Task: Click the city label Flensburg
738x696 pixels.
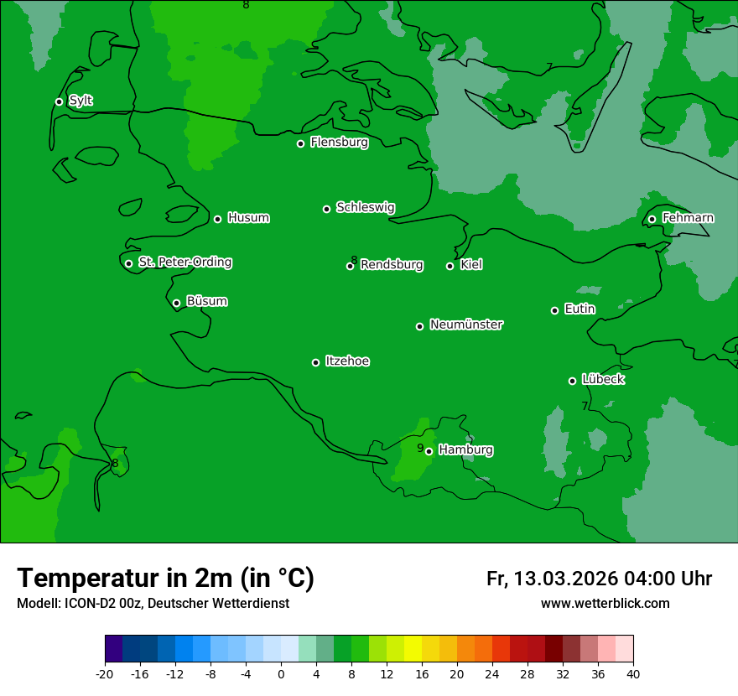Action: [339, 143]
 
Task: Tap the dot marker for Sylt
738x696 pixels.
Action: [59, 101]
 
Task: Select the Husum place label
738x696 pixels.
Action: [248, 218]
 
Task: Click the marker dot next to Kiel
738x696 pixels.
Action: [450, 266]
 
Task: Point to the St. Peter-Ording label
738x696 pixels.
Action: [184, 262]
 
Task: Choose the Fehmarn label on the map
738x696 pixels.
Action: [688, 218]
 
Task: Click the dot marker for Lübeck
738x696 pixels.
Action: [572, 381]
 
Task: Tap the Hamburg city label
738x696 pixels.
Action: [465, 450]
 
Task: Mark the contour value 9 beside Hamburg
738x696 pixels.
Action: [420, 448]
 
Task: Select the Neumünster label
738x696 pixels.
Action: [466, 325]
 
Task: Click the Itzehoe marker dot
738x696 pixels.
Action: [315, 362]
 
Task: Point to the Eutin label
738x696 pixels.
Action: [579, 309]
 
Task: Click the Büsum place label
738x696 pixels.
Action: [206, 302]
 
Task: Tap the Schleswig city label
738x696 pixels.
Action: [365, 207]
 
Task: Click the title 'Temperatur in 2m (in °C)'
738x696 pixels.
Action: [165, 578]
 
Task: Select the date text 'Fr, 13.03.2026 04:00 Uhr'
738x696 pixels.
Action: [599, 579]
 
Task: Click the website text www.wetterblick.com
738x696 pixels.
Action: [605, 604]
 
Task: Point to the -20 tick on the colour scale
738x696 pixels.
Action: [105, 673]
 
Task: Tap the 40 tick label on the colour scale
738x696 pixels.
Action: [633, 673]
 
